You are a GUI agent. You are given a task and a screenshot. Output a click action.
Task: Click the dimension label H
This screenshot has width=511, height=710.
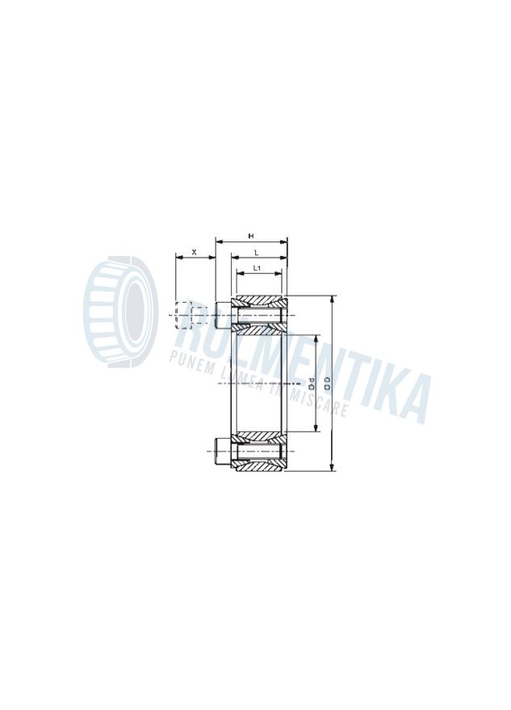pyautogui.click(x=251, y=236)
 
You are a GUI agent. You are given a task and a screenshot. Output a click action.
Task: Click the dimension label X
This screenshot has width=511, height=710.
pyautogui.click(x=194, y=252)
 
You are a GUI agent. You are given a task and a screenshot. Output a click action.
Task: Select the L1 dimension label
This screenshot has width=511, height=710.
pyautogui.click(x=256, y=267)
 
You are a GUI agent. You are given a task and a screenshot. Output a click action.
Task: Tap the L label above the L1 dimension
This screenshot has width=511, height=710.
pyautogui.click(x=256, y=253)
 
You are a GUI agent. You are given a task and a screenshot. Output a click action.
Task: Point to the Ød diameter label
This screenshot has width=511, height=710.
pyautogui.click(x=310, y=382)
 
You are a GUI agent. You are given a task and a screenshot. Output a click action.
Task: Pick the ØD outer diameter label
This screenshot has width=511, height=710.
pyautogui.click(x=327, y=382)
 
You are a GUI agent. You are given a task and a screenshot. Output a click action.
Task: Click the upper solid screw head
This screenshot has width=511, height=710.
pyautogui.click(x=223, y=314)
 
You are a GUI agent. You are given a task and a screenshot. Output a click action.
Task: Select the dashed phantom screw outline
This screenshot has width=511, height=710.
pyautogui.click(x=184, y=314)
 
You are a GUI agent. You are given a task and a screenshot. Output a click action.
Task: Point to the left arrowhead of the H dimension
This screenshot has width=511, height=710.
pyautogui.click(x=218, y=241)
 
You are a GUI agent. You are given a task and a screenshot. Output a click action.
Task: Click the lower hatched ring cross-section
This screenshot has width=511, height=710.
pyautogui.click(x=259, y=452)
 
